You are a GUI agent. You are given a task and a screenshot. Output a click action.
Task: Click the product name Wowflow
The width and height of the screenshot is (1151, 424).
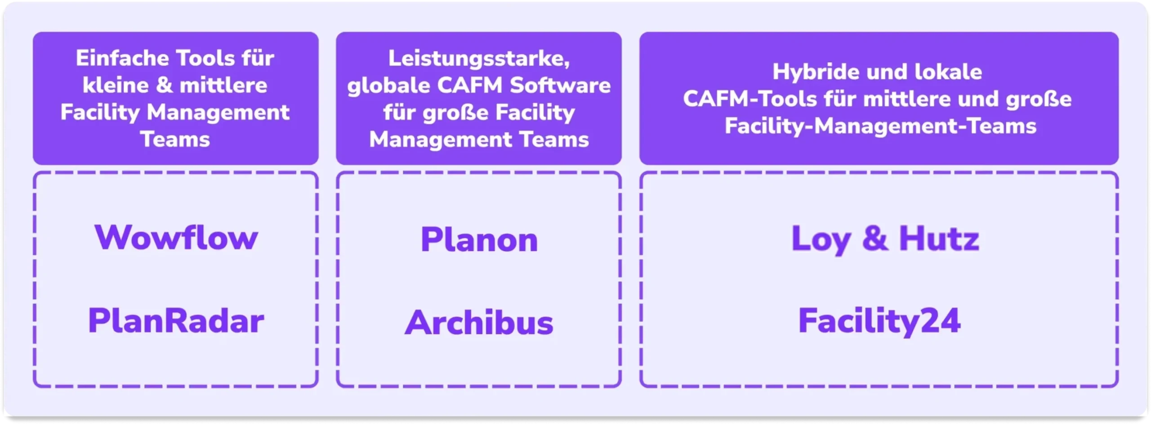click(x=176, y=238)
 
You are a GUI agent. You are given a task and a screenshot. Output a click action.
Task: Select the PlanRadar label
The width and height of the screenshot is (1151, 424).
click(x=176, y=321)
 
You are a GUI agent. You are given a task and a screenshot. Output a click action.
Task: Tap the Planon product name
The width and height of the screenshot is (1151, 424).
click(x=479, y=239)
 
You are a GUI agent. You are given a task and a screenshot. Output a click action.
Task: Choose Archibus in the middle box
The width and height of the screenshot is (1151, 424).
click(x=479, y=323)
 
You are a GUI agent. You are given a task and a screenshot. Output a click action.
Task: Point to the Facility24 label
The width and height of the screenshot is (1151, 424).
click(x=879, y=321)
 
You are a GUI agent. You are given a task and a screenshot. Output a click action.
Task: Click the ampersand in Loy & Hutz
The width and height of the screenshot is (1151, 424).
click(x=875, y=238)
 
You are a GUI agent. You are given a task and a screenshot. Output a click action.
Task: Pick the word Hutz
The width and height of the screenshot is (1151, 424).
click(x=939, y=238)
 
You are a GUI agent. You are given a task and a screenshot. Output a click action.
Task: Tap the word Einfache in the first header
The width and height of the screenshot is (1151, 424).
click(x=122, y=58)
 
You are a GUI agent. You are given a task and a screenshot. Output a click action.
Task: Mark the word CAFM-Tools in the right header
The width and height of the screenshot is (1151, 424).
click(x=750, y=99)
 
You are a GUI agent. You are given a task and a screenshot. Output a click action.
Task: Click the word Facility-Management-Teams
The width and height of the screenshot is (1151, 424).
click(x=880, y=126)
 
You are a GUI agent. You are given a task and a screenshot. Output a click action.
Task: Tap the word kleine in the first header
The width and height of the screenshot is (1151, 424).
click(x=116, y=85)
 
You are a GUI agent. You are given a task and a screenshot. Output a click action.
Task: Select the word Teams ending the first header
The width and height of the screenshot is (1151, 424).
click(x=175, y=140)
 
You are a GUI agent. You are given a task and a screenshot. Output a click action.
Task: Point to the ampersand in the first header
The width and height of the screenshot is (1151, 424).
click(x=164, y=85)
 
